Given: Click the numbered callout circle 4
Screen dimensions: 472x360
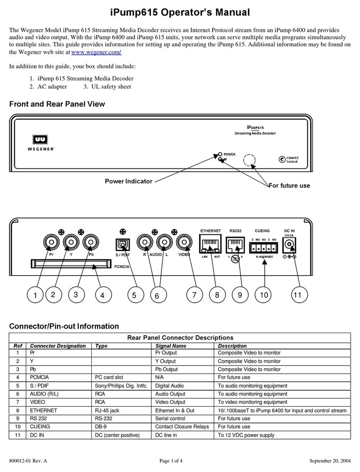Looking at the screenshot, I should click(102, 295).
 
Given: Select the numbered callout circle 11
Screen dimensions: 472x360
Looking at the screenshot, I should click(299, 295).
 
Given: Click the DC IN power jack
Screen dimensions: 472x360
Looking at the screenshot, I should click(291, 244).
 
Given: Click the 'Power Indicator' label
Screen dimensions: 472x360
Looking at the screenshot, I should click(128, 181).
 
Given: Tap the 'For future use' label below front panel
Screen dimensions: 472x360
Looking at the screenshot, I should click(289, 185).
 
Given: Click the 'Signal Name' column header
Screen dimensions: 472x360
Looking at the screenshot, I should click(171, 346).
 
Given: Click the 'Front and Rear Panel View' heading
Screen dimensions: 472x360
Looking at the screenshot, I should click(57, 104).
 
